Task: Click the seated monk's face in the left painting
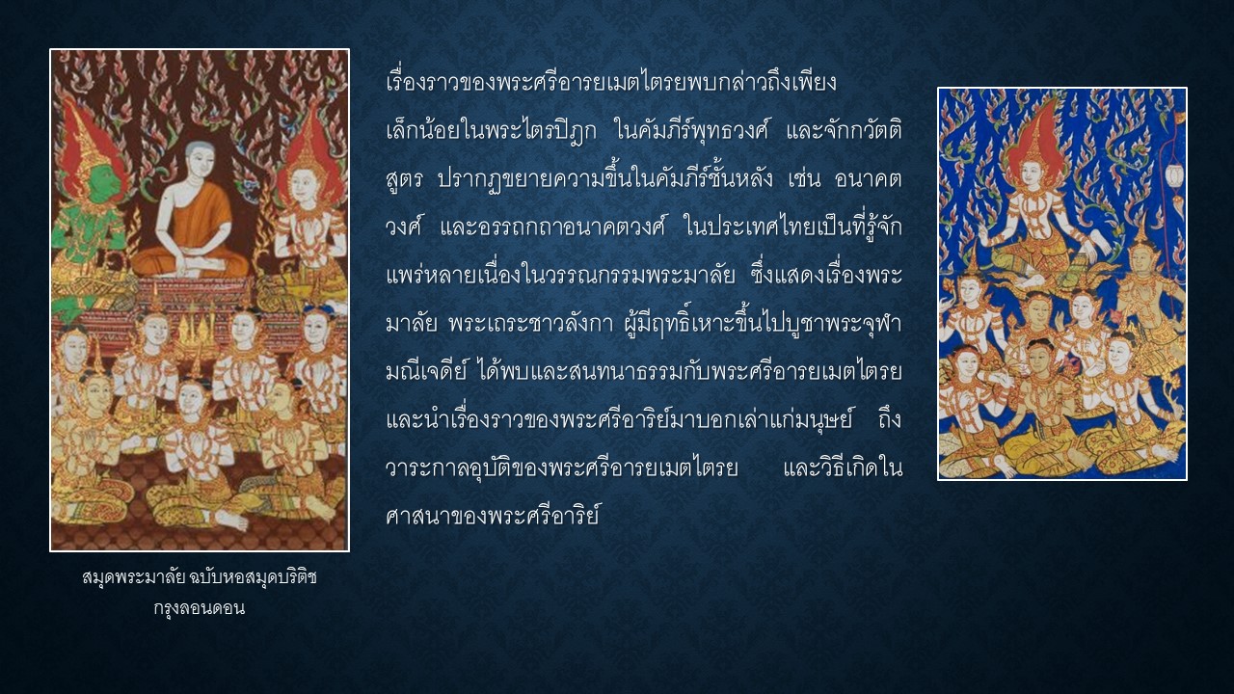tap(200, 163)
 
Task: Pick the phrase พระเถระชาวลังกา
tap(530, 324)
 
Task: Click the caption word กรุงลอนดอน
tap(199, 608)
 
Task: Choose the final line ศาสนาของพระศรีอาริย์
tap(493, 516)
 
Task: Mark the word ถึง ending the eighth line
tap(890, 418)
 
